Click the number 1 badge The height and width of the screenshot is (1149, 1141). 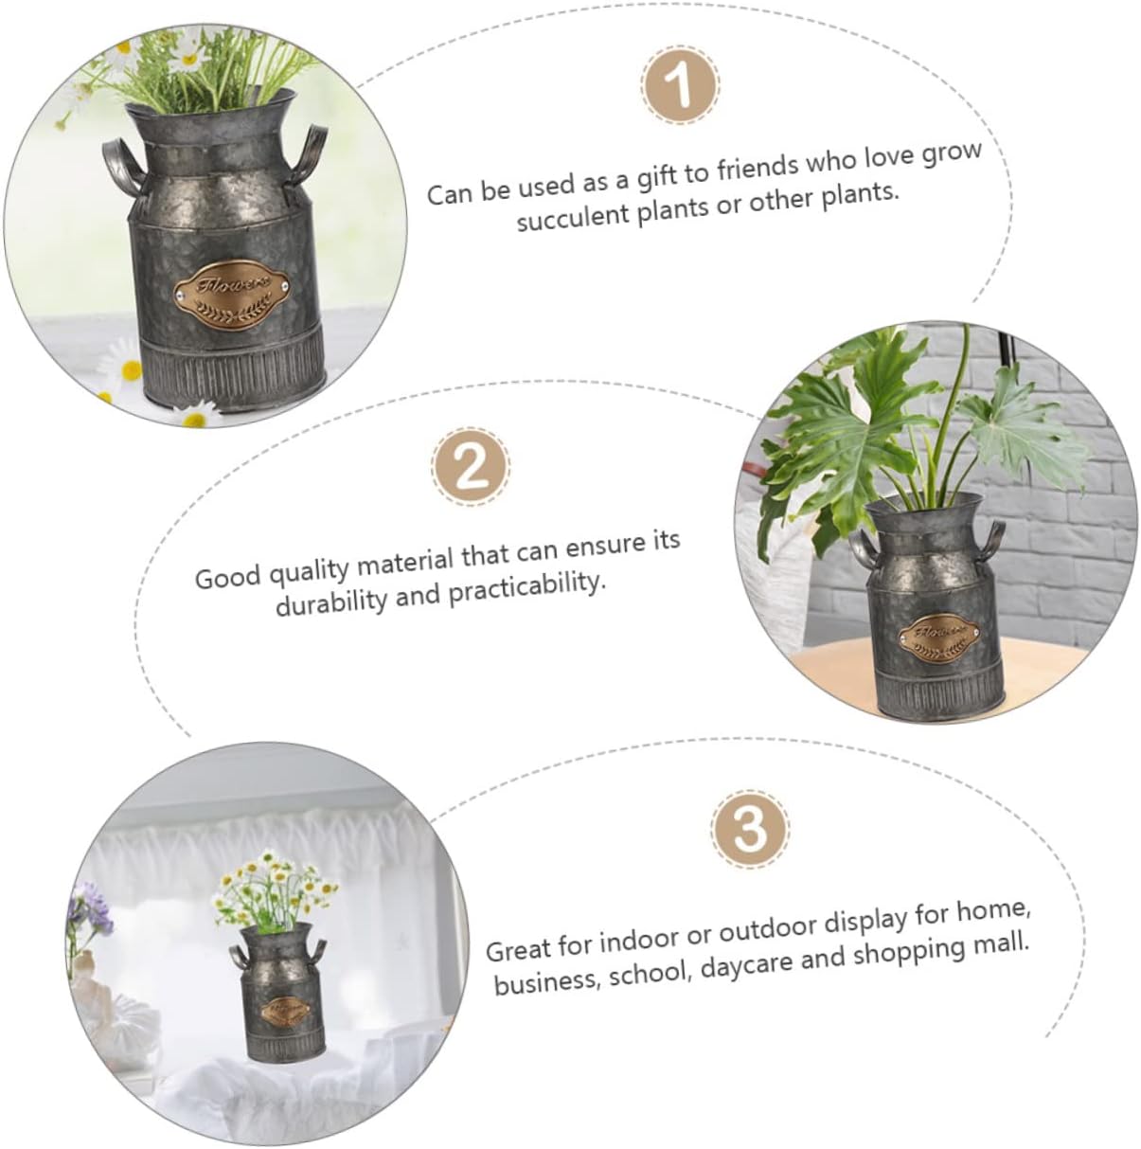[x=680, y=85]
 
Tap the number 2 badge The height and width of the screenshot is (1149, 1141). [x=472, y=466]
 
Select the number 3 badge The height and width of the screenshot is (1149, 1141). [x=750, y=829]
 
